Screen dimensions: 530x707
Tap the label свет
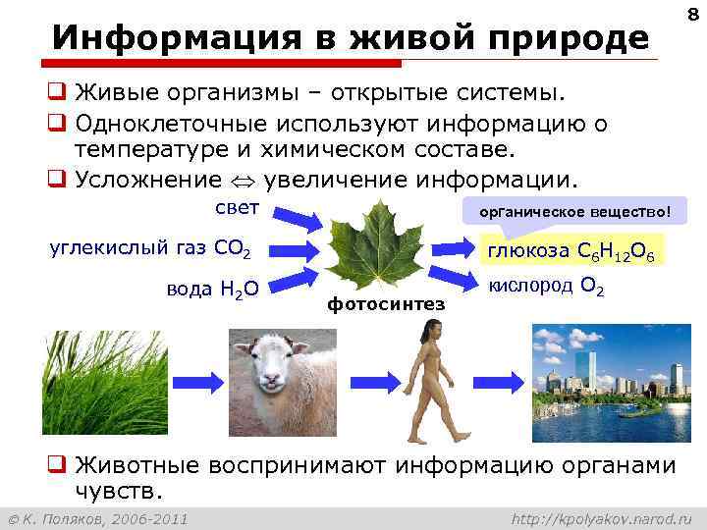237,208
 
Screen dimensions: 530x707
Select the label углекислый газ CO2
150,247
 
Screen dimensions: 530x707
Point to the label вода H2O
212,288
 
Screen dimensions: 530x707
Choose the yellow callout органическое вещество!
576,211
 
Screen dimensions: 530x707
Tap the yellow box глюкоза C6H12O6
575,251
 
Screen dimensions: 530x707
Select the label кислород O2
547,287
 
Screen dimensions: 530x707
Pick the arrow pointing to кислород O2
453,276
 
